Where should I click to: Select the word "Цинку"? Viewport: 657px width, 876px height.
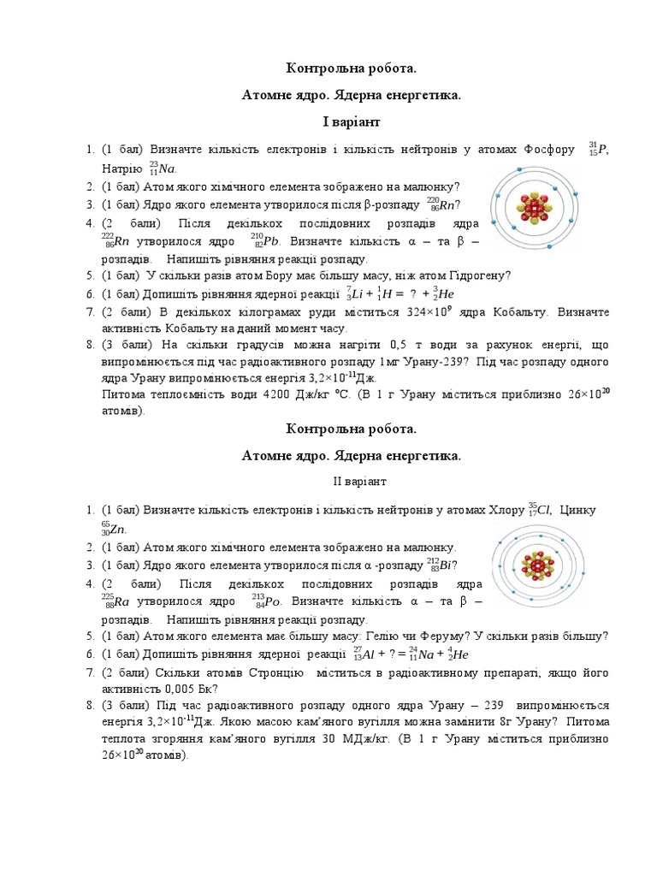point(589,511)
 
